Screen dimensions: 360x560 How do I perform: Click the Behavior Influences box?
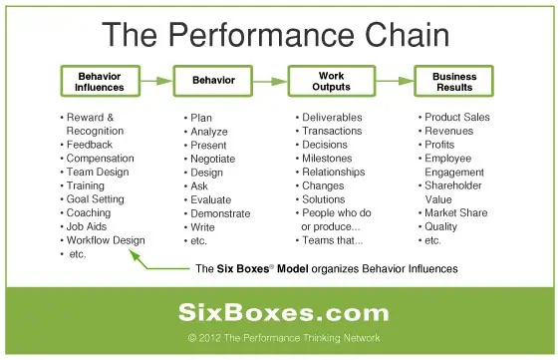(100, 81)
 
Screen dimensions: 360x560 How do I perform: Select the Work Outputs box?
(331, 81)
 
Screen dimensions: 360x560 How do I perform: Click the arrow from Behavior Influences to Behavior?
(155, 81)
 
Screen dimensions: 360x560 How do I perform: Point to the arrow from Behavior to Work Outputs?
(269, 81)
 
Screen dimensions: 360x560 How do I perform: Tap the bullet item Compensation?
(101, 158)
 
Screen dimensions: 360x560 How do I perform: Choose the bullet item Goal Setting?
(96, 198)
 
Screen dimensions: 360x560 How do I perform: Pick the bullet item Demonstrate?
(219, 213)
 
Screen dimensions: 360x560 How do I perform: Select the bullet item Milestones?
(327, 158)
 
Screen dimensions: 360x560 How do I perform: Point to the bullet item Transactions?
(332, 131)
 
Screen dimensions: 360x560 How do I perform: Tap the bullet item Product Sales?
(457, 117)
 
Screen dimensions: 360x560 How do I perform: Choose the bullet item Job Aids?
(89, 226)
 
